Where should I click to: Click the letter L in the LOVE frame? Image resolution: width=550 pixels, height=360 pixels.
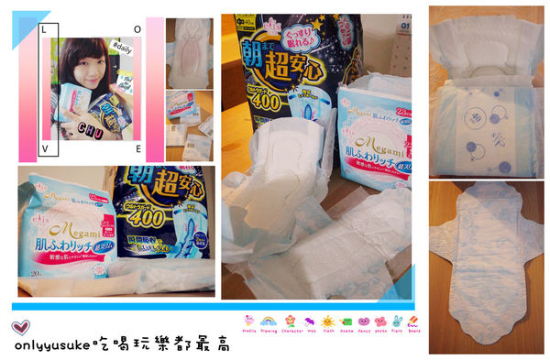coord(44,30)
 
